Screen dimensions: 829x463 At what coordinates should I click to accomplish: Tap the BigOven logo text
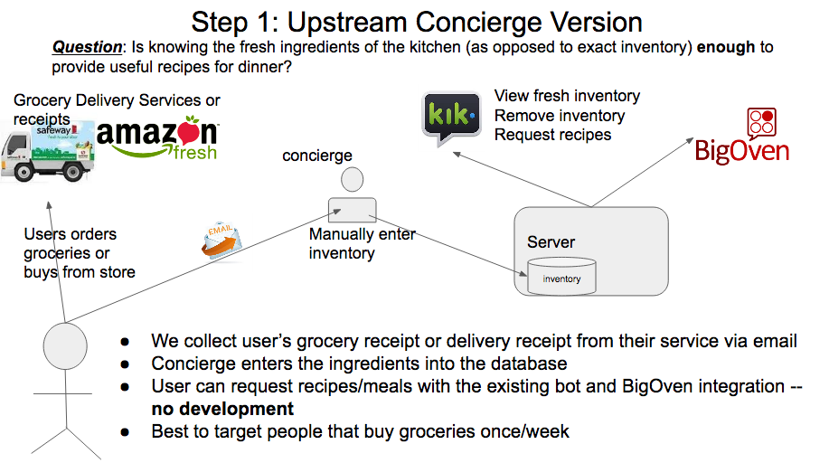(x=742, y=151)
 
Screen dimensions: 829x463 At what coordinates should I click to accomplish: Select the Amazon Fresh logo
(x=157, y=137)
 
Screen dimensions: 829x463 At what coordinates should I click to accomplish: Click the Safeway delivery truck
(x=48, y=152)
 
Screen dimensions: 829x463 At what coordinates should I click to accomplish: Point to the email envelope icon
(x=222, y=241)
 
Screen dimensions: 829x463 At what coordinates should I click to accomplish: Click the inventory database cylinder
(x=561, y=275)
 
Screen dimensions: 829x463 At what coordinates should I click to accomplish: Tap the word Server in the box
(x=551, y=241)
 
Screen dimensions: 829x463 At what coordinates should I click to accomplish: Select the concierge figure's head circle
(x=352, y=179)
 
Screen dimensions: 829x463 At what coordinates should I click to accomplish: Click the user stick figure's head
(x=65, y=346)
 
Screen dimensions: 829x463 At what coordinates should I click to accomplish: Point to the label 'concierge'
(x=317, y=156)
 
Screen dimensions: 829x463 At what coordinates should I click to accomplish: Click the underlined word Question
(x=87, y=47)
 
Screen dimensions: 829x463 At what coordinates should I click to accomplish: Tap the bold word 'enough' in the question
(x=726, y=47)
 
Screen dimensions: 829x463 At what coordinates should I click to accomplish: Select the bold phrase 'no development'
(x=222, y=409)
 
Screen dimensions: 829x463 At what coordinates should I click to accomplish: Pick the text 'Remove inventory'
(x=560, y=116)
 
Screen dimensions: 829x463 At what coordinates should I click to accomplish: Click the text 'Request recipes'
(x=552, y=135)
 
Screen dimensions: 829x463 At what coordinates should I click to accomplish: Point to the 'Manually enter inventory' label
(x=363, y=243)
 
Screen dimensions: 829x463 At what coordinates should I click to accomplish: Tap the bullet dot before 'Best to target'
(x=125, y=432)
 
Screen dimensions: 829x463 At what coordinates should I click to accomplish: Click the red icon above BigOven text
(x=761, y=121)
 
